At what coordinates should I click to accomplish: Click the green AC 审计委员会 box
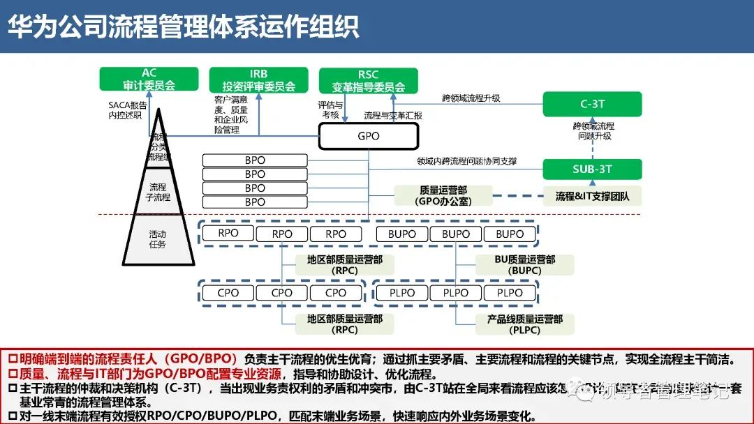tap(149, 79)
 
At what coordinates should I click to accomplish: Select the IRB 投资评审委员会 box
tap(259, 79)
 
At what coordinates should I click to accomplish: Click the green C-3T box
tap(592, 104)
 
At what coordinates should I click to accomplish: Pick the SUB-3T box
tap(592, 169)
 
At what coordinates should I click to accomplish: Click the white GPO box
tap(368, 136)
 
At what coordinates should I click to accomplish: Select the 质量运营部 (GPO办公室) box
tap(443, 195)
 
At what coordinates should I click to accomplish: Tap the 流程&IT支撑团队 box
tap(592, 196)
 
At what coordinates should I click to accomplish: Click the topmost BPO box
tap(255, 160)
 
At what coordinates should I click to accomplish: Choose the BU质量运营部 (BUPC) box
tap(525, 264)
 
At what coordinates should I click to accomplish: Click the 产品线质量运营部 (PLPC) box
tap(525, 324)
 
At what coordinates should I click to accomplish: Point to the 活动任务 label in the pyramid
tap(158, 239)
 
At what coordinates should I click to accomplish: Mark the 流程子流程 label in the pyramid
tap(158, 192)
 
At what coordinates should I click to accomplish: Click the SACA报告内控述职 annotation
tap(125, 109)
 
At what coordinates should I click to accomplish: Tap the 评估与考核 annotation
tap(330, 109)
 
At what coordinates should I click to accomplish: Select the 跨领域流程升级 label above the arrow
tap(471, 98)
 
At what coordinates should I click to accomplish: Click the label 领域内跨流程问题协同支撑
tap(467, 162)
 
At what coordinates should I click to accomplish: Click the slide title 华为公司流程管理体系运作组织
tap(183, 26)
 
